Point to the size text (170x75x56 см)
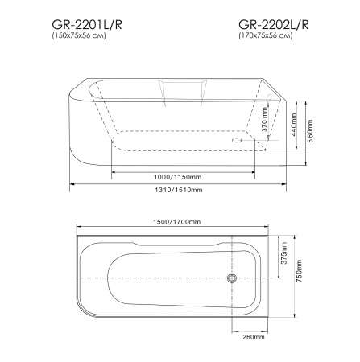click(x=267, y=37)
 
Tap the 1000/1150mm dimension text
click(x=184, y=176)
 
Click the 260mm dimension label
click(x=253, y=337)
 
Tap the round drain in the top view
click(x=233, y=278)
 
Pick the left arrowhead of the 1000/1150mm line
click(x=114, y=170)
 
